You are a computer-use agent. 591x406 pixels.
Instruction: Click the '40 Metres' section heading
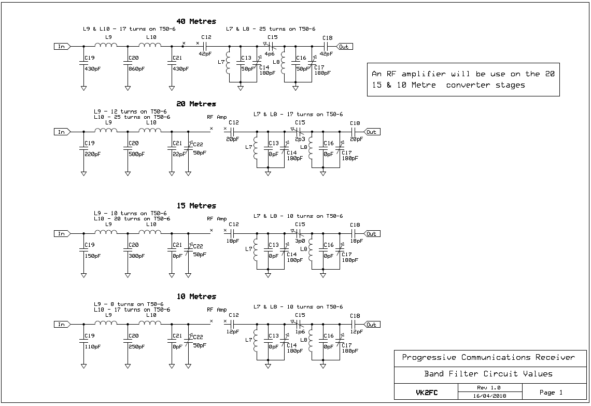click(196, 21)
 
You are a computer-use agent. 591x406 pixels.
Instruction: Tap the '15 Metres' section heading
click(196, 206)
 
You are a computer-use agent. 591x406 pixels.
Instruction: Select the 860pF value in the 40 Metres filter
click(136, 69)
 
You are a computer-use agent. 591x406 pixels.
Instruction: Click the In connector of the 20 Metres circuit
click(62, 132)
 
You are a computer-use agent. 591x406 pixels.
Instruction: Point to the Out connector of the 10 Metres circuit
click(372, 325)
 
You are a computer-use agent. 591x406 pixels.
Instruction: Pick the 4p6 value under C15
click(270, 54)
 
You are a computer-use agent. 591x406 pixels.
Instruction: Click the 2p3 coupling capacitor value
click(300, 139)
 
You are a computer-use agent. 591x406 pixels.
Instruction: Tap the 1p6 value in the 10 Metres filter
click(300, 332)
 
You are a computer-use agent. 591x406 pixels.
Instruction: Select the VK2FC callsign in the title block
click(427, 393)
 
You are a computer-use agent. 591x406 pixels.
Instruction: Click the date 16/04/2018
click(489, 396)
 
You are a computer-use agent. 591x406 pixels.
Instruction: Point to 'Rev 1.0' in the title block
click(489, 387)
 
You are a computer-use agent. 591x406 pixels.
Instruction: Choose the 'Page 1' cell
click(551, 393)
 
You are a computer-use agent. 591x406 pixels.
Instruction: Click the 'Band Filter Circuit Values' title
click(488, 374)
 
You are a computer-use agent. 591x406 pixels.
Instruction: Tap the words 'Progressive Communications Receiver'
click(488, 357)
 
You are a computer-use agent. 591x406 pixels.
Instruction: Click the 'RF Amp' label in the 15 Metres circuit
click(217, 219)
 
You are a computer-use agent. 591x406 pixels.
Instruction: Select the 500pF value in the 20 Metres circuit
click(136, 154)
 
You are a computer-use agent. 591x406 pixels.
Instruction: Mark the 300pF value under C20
click(136, 256)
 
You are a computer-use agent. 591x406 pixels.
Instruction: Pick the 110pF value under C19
click(92, 347)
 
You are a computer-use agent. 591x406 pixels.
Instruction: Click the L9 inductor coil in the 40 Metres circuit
click(106, 45)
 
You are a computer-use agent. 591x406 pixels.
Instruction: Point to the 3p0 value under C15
click(300, 241)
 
